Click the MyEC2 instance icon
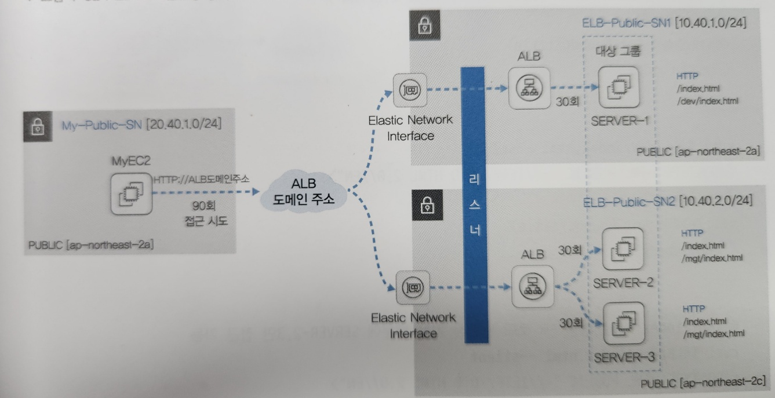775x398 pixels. coord(129,193)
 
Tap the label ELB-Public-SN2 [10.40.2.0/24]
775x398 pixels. coord(668,201)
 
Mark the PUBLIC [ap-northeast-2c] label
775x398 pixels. coord(703,384)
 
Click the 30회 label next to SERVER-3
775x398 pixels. coord(571,322)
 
